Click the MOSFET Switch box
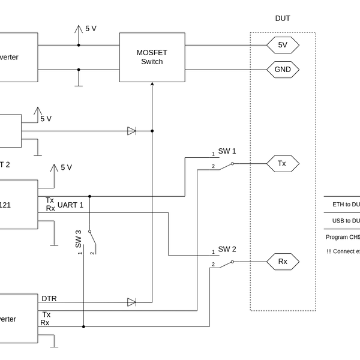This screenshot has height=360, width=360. click(x=152, y=57)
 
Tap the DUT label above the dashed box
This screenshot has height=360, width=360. click(x=283, y=19)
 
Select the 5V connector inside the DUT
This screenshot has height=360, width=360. click(x=283, y=45)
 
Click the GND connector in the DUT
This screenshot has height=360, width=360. click(x=283, y=70)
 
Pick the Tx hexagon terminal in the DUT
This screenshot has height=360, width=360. click(x=283, y=163)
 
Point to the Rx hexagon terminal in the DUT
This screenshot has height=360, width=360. click(x=283, y=262)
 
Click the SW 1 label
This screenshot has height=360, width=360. click(x=227, y=151)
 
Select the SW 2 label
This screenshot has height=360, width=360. click(x=227, y=249)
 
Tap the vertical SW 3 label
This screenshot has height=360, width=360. click(x=78, y=239)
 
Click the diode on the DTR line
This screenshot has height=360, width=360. click(x=132, y=302)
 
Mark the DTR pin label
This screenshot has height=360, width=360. click(x=49, y=298)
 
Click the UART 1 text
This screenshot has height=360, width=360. click(x=70, y=205)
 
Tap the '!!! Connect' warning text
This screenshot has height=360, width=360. click(x=343, y=251)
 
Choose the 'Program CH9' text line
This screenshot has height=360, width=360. click(x=343, y=236)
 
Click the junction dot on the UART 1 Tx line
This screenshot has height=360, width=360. click(x=90, y=196)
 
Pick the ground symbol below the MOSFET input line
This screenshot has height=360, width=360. click(x=78, y=84)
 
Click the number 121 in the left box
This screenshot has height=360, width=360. click(x=4, y=205)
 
